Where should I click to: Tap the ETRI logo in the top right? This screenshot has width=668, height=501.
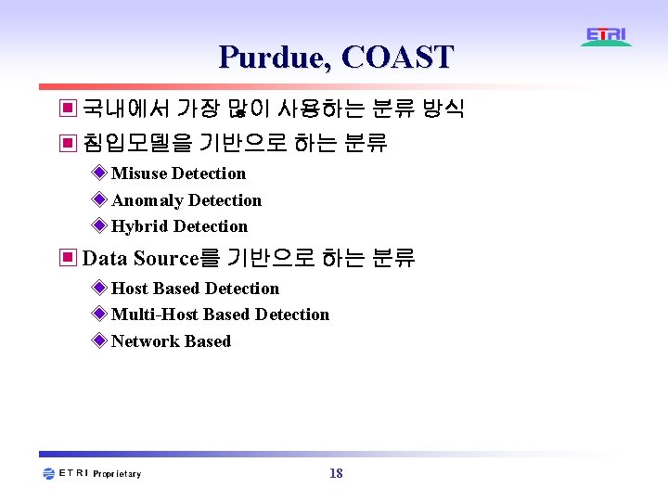pos(607,37)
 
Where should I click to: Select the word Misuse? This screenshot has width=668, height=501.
pos(139,173)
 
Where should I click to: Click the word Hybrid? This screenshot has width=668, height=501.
pos(140,226)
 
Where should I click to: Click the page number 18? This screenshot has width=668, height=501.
pos(336,474)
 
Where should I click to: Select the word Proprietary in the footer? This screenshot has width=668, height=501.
pos(117,474)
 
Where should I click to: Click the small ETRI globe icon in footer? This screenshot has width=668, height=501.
pos(49,474)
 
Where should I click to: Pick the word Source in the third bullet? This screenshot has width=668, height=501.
pos(165,258)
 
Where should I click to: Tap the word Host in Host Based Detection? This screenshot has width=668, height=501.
pos(131,289)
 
